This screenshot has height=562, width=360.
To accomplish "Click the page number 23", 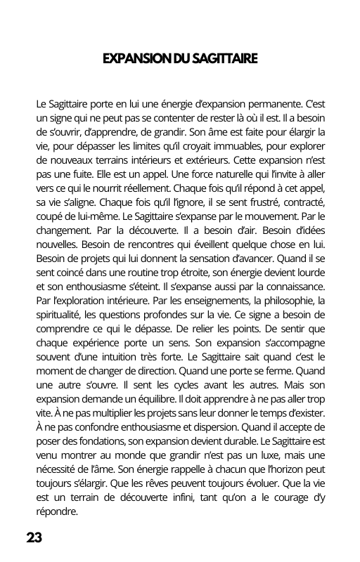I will pos(34,538).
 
